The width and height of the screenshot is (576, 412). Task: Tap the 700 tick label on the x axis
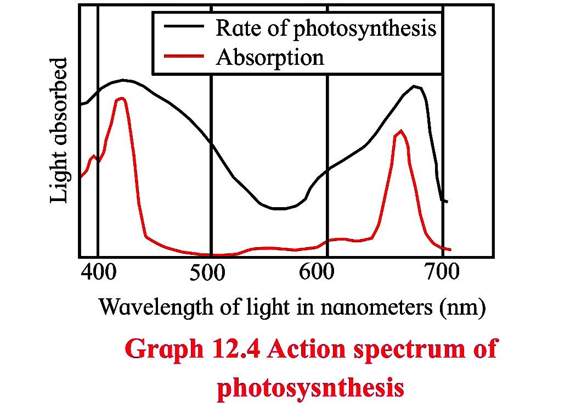442,273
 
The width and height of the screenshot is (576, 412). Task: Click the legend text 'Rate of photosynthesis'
326,27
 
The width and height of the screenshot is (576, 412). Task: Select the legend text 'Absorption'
270,57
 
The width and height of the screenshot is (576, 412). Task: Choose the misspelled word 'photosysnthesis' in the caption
310,387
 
